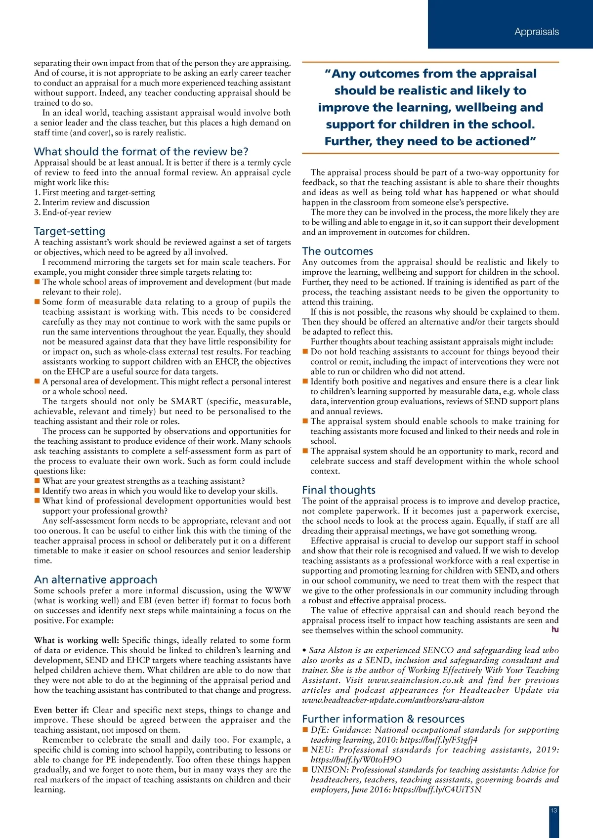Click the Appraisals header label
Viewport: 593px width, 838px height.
[x=536, y=32]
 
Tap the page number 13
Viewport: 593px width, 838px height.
[x=553, y=810]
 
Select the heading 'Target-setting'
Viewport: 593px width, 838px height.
[x=70, y=231]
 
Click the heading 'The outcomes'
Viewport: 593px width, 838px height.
[x=338, y=251]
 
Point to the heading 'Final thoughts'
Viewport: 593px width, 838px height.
[x=339, y=490]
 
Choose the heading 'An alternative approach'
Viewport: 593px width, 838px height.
[x=95, y=580]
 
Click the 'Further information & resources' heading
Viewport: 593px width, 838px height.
[x=383, y=719]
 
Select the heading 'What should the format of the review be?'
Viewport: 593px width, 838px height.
[x=141, y=151]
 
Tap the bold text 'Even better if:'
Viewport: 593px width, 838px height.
[x=61, y=710]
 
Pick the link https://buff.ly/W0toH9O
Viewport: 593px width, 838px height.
[x=356, y=759]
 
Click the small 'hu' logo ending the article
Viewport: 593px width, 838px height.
[x=555, y=629]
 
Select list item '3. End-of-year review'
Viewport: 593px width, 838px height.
[x=73, y=212]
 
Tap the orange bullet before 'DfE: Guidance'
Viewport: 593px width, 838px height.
[x=305, y=730]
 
